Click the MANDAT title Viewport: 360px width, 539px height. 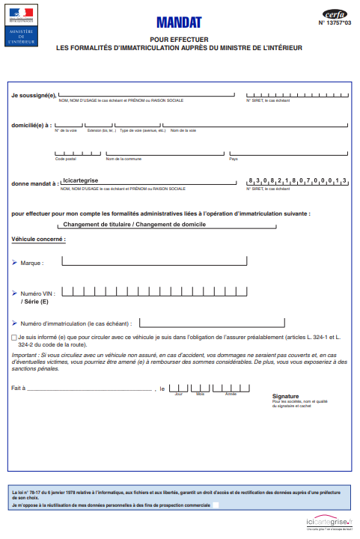coord(179,23)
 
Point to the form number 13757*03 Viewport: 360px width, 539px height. coord(334,23)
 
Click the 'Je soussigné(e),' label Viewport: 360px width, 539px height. coord(34,95)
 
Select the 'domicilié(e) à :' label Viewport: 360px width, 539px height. coord(31,125)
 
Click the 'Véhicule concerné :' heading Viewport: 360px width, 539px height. coord(38,239)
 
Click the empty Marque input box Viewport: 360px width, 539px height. coord(154,261)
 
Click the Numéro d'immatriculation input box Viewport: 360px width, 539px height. coord(210,323)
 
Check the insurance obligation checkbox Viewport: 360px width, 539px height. coord(14,338)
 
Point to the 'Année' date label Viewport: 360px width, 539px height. coord(231,393)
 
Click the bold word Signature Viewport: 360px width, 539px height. coord(285,396)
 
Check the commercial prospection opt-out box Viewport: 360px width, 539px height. coord(216,505)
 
